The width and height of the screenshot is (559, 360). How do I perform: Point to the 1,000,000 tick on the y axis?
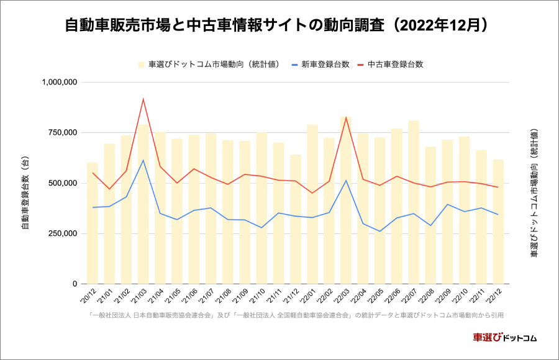coord(59,82)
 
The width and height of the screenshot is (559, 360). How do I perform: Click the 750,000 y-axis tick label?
coord(63,133)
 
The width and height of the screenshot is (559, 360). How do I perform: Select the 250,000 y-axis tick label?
coord(63,233)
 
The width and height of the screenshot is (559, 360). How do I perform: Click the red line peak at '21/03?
coord(143,99)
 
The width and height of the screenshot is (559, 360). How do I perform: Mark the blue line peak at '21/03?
coord(143,160)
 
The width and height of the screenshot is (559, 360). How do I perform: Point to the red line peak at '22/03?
coord(346,117)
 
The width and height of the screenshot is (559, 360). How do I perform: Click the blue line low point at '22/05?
coord(379,232)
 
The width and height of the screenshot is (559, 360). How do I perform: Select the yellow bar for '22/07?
coord(414,205)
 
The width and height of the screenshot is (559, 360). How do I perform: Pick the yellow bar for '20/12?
coord(93,223)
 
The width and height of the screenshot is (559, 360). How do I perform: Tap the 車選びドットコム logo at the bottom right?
coord(504,338)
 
